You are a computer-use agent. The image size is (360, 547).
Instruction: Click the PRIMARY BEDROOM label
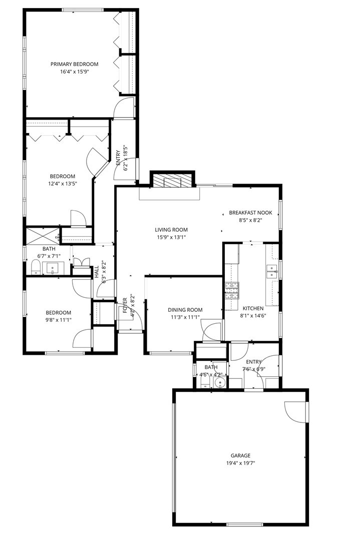pos(74,64)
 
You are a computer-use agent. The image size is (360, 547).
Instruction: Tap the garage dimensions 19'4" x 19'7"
pos(240,463)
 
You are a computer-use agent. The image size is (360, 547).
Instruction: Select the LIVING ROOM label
pos(171,230)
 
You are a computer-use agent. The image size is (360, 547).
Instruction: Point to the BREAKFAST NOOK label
pos(250,212)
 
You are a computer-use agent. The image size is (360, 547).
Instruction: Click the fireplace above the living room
pos(171,181)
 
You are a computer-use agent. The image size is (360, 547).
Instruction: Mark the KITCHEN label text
pos(253,308)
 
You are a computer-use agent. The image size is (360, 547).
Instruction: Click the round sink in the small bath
pos(219,383)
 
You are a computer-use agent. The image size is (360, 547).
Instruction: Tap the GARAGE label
pos(240,455)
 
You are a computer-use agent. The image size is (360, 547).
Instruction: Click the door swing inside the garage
pos(295,412)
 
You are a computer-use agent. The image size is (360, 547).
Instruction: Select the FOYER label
pos(125,305)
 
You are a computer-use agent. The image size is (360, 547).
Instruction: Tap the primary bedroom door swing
pos(124,107)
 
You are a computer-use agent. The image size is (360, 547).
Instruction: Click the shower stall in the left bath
pos(42,235)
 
